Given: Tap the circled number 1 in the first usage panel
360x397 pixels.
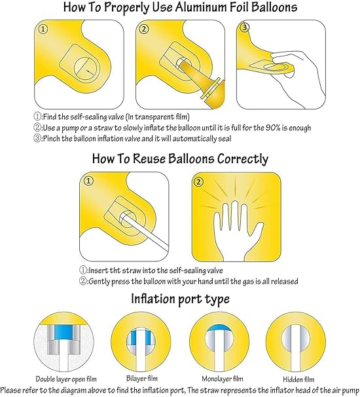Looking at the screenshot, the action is click(x=43, y=29).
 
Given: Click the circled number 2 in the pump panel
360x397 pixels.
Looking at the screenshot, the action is click(x=144, y=29).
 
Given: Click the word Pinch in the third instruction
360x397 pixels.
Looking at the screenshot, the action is click(x=52, y=139).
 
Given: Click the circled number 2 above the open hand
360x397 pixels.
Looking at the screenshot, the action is click(x=198, y=181).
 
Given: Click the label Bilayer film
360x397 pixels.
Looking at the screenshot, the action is click(x=142, y=378).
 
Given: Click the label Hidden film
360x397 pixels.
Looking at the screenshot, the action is click(x=298, y=379).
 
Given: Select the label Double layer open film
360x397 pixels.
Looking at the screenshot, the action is click(x=66, y=379).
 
